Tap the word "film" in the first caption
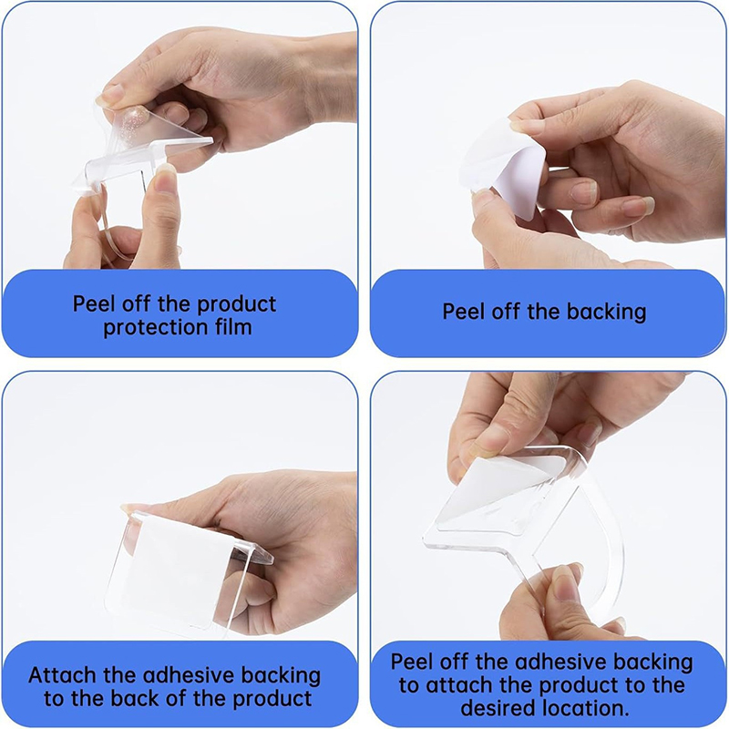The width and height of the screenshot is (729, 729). pos(233,326)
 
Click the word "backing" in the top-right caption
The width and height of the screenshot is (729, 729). pos(606,312)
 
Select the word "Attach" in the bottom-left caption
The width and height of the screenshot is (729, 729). pos(62,675)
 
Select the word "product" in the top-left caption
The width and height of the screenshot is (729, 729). pos(237,305)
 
